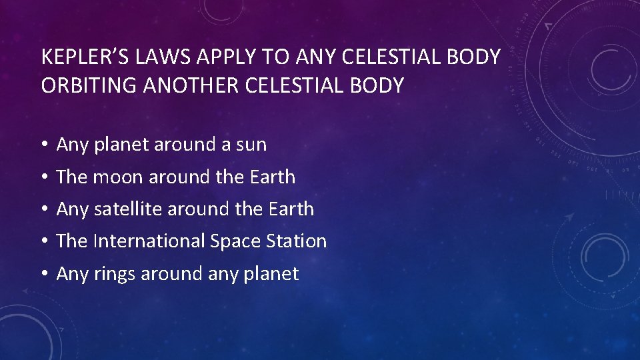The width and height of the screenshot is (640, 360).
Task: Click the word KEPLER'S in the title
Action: [85, 57]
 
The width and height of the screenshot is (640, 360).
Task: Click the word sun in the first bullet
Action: [252, 145]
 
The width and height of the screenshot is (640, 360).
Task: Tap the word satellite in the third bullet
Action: [127, 209]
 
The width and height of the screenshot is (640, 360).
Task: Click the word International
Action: [149, 241]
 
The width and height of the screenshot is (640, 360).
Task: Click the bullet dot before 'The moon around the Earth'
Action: [43, 177]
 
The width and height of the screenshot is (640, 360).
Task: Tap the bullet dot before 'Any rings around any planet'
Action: [43, 274]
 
